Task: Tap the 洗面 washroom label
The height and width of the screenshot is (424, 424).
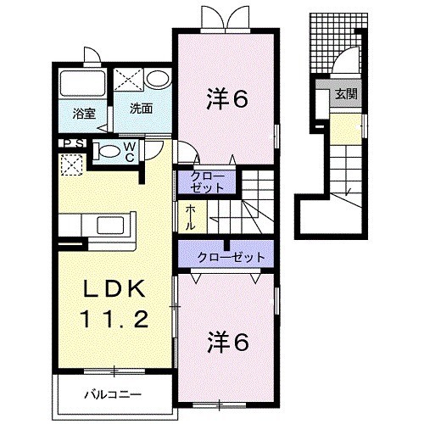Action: tap(141, 109)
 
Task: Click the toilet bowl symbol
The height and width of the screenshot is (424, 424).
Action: tap(107, 152)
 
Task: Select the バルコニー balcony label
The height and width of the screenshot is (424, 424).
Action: tap(112, 393)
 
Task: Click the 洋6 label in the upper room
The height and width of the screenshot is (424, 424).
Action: tap(226, 100)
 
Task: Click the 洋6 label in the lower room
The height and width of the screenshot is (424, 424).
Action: tap(226, 343)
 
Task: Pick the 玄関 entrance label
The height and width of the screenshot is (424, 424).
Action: tap(344, 94)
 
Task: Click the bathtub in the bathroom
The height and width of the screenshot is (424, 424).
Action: tap(81, 83)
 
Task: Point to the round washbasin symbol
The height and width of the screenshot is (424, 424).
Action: tap(158, 80)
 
